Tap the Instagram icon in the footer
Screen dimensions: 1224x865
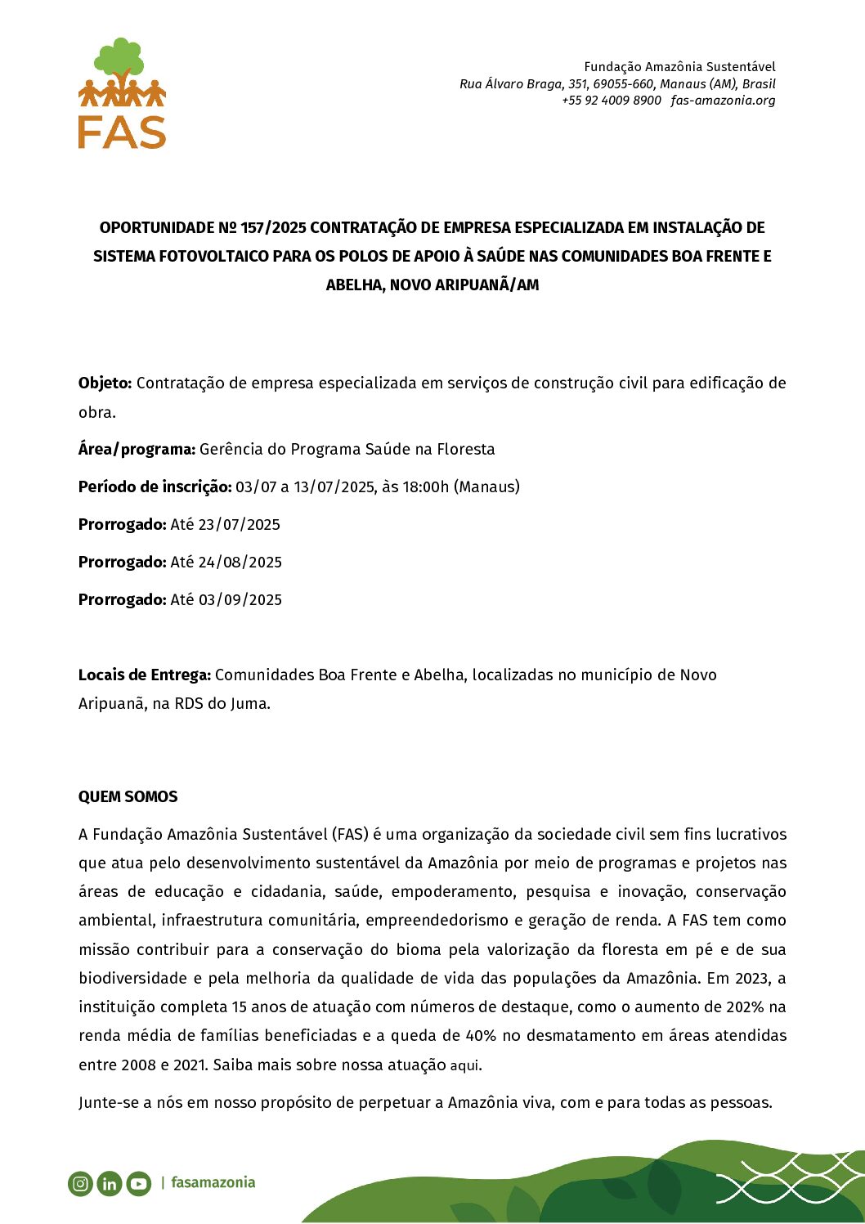tap(80, 1183)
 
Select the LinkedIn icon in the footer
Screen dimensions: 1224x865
tap(110, 1183)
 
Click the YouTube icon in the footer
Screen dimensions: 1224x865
tap(139, 1183)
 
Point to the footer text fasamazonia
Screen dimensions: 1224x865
tap(213, 1182)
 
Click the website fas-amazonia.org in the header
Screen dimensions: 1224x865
tap(723, 101)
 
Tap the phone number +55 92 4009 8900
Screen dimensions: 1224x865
tap(612, 101)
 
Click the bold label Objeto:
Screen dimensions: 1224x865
tap(105, 383)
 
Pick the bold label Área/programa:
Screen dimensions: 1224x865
tap(137, 449)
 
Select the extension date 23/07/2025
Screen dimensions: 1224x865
tap(240, 524)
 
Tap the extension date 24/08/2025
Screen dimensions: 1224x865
tap(240, 562)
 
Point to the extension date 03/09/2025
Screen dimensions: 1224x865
tap(240, 599)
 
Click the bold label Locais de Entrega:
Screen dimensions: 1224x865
tap(145, 675)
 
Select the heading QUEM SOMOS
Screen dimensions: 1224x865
tap(128, 796)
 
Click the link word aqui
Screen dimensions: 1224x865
tap(465, 1065)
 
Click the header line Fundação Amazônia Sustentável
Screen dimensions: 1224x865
tap(679, 66)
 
